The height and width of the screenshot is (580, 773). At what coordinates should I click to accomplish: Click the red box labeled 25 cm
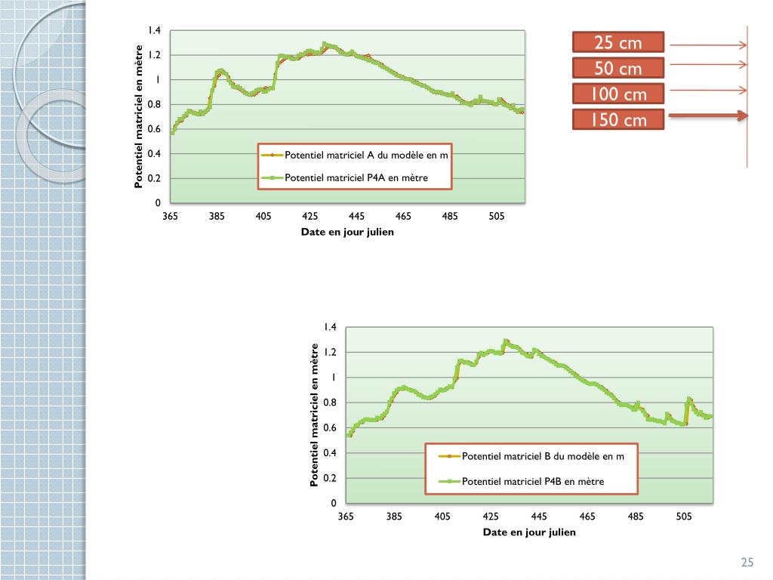point(617,42)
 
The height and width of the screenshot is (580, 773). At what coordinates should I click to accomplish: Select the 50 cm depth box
point(617,69)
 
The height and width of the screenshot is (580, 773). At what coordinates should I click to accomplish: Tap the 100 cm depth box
point(617,94)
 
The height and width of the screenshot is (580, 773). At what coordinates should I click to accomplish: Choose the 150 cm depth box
point(617,119)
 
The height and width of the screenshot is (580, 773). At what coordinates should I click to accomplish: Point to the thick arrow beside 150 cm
point(708,116)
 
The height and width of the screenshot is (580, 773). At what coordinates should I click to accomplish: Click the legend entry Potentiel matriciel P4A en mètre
point(356,178)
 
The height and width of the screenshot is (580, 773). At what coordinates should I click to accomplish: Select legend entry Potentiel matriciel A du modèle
point(365,156)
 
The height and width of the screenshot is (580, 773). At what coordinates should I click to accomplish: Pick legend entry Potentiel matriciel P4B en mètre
point(532,481)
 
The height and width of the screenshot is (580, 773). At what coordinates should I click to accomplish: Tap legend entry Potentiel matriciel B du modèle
point(543,456)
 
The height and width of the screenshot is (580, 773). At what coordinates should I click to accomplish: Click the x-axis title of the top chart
point(347,232)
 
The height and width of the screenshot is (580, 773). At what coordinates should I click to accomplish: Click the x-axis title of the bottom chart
point(529,532)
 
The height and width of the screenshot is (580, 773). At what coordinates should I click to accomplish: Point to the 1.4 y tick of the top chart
point(154,30)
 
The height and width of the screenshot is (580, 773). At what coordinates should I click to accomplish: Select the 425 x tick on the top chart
point(310,217)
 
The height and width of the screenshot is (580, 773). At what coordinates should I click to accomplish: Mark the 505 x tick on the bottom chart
point(683,517)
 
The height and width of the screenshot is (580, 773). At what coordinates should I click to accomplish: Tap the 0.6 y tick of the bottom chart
point(330,428)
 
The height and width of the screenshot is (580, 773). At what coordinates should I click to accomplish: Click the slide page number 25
point(747,562)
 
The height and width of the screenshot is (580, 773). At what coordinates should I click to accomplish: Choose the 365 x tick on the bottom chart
point(346,517)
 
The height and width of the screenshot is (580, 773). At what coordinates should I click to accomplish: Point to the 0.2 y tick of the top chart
point(154,179)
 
